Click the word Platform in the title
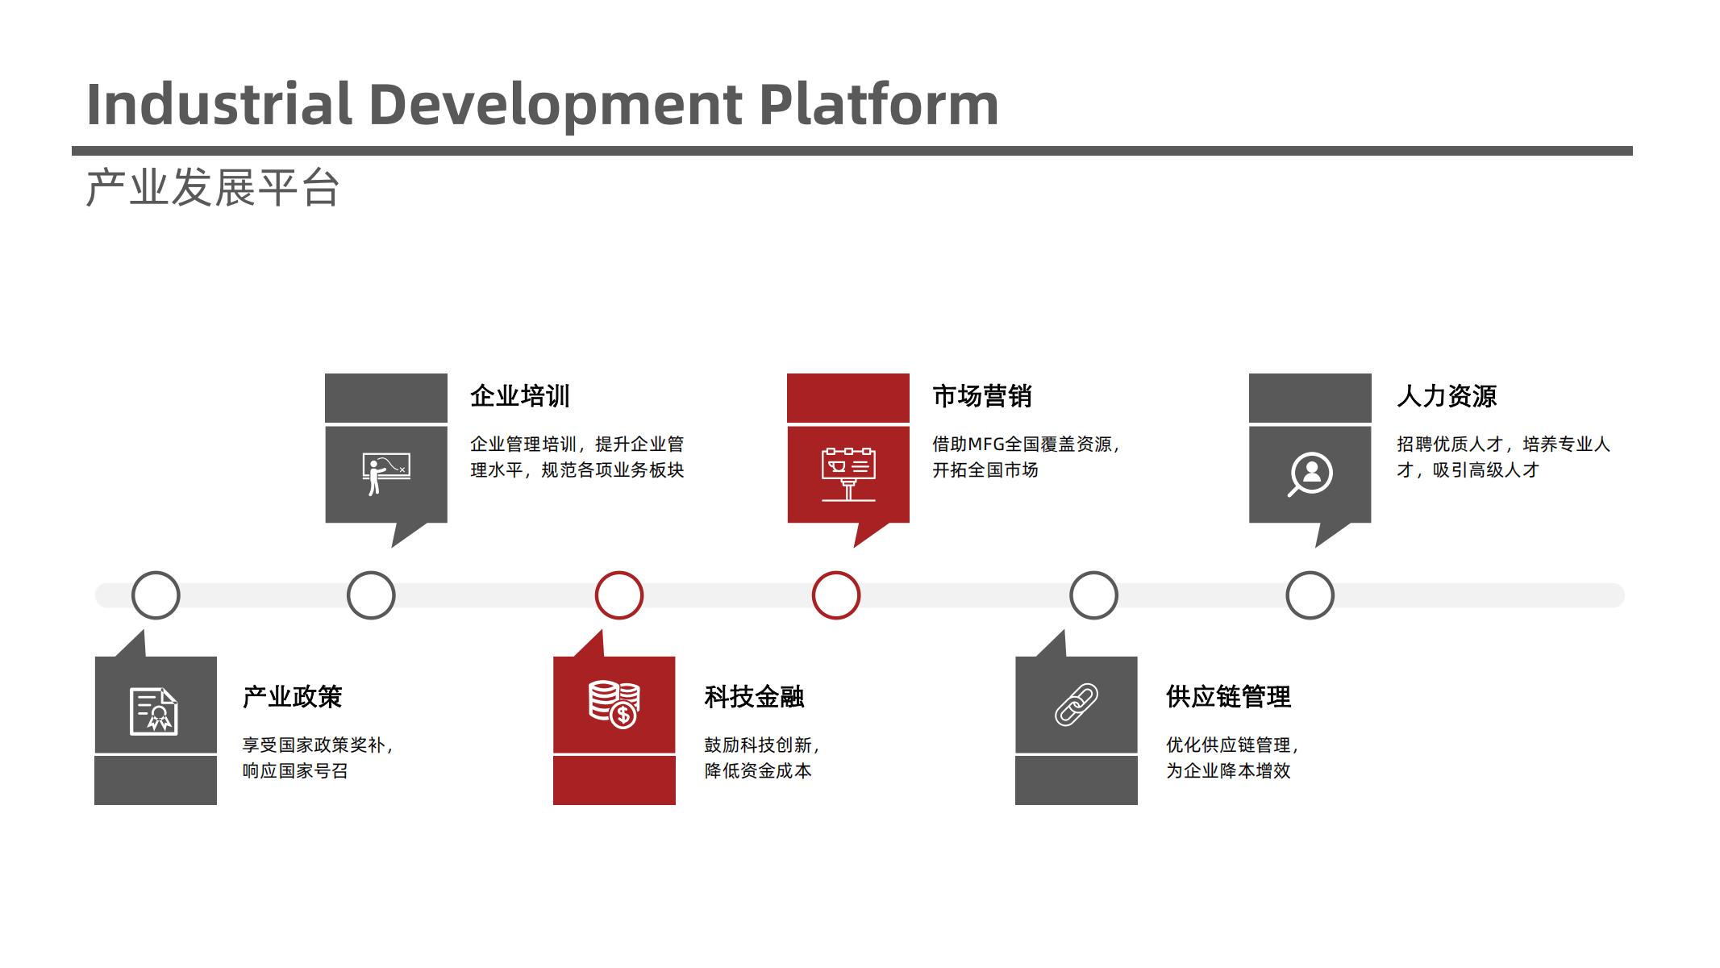click(879, 105)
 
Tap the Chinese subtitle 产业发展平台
click(213, 189)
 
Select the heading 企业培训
click(520, 396)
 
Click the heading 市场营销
click(982, 396)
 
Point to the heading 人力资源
click(1447, 396)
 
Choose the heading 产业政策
click(293, 697)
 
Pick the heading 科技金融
click(755, 697)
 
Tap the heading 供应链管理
click(1229, 697)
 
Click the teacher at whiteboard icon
click(386, 474)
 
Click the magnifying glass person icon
click(1310, 474)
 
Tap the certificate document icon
click(154, 711)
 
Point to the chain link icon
click(1077, 704)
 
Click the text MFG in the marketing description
click(986, 444)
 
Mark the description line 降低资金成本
click(758, 771)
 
